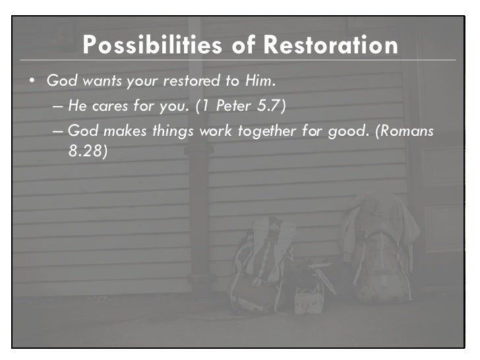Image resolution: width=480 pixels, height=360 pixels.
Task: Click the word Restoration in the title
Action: tap(331, 45)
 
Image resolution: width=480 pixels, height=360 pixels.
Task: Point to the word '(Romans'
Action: tap(405, 131)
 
